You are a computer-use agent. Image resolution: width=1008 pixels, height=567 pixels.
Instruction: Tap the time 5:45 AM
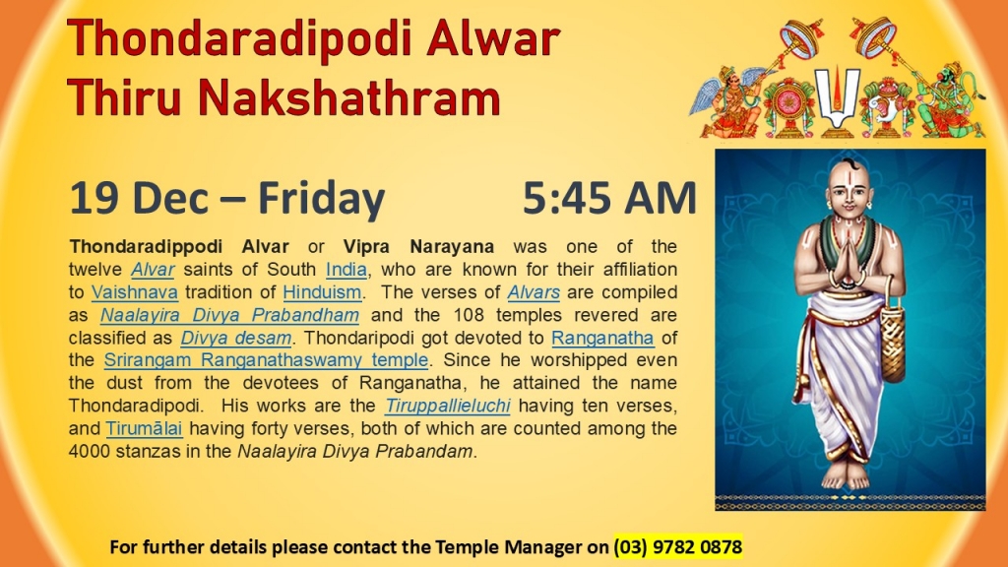(x=609, y=197)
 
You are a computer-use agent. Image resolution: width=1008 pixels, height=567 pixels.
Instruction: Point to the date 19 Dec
(x=139, y=197)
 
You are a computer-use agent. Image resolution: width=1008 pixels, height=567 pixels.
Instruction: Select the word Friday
(x=322, y=199)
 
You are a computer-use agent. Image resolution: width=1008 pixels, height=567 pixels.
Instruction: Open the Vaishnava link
(x=134, y=292)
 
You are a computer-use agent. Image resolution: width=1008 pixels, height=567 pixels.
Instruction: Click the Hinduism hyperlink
(x=322, y=292)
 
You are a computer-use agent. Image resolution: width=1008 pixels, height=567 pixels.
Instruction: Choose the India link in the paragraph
(x=346, y=270)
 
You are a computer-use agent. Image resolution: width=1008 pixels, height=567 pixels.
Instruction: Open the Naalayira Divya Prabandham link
(x=229, y=316)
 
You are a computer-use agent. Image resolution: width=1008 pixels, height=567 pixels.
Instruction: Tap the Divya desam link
(x=236, y=339)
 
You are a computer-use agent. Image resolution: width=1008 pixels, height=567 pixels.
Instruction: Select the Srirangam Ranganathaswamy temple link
(x=266, y=360)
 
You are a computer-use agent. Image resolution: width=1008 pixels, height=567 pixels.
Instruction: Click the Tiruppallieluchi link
(x=448, y=407)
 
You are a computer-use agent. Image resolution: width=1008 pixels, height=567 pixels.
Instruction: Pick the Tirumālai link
(x=144, y=429)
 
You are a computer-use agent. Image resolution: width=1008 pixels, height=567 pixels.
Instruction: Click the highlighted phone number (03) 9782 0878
(x=678, y=547)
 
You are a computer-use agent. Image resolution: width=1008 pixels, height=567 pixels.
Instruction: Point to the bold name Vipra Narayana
(x=418, y=247)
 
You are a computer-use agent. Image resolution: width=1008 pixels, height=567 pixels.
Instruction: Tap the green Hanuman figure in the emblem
(x=950, y=99)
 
